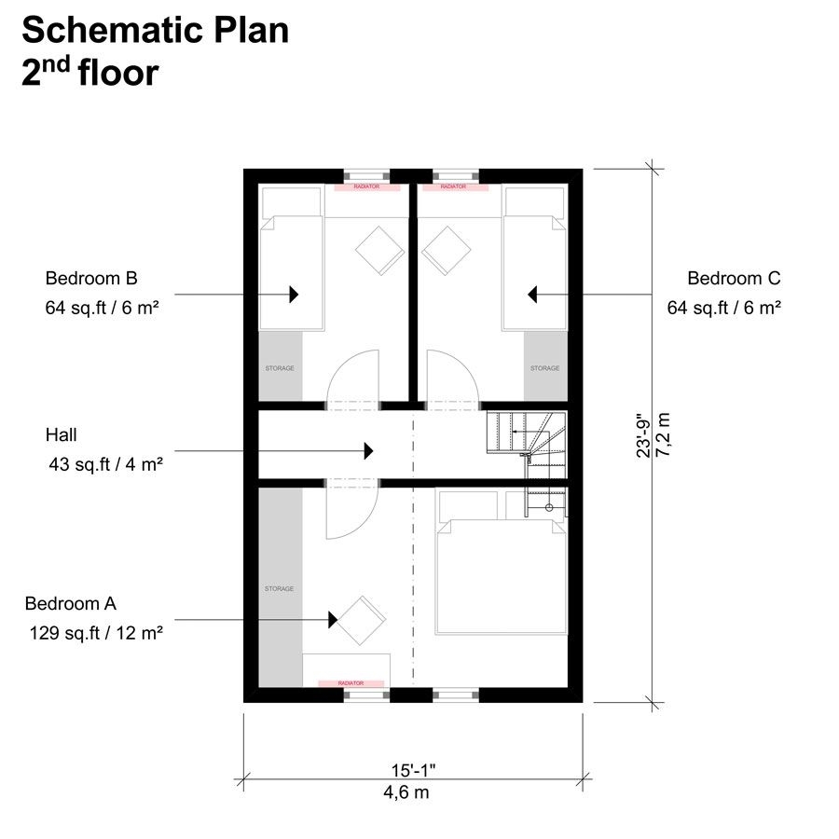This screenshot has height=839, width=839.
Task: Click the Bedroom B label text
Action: click(91, 278)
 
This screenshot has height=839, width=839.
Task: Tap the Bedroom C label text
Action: click(734, 278)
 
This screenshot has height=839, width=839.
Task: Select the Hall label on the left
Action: click(61, 434)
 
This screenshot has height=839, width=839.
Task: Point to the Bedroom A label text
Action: click(71, 603)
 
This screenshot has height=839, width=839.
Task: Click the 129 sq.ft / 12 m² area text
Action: click(96, 633)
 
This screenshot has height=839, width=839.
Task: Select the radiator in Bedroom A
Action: click(351, 683)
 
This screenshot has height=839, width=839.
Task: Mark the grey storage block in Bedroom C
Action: click(545, 367)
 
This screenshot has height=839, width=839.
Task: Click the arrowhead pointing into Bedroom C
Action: click(533, 295)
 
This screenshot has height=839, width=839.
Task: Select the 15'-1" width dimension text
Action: click(414, 771)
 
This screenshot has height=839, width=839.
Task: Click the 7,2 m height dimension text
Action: click(663, 431)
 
